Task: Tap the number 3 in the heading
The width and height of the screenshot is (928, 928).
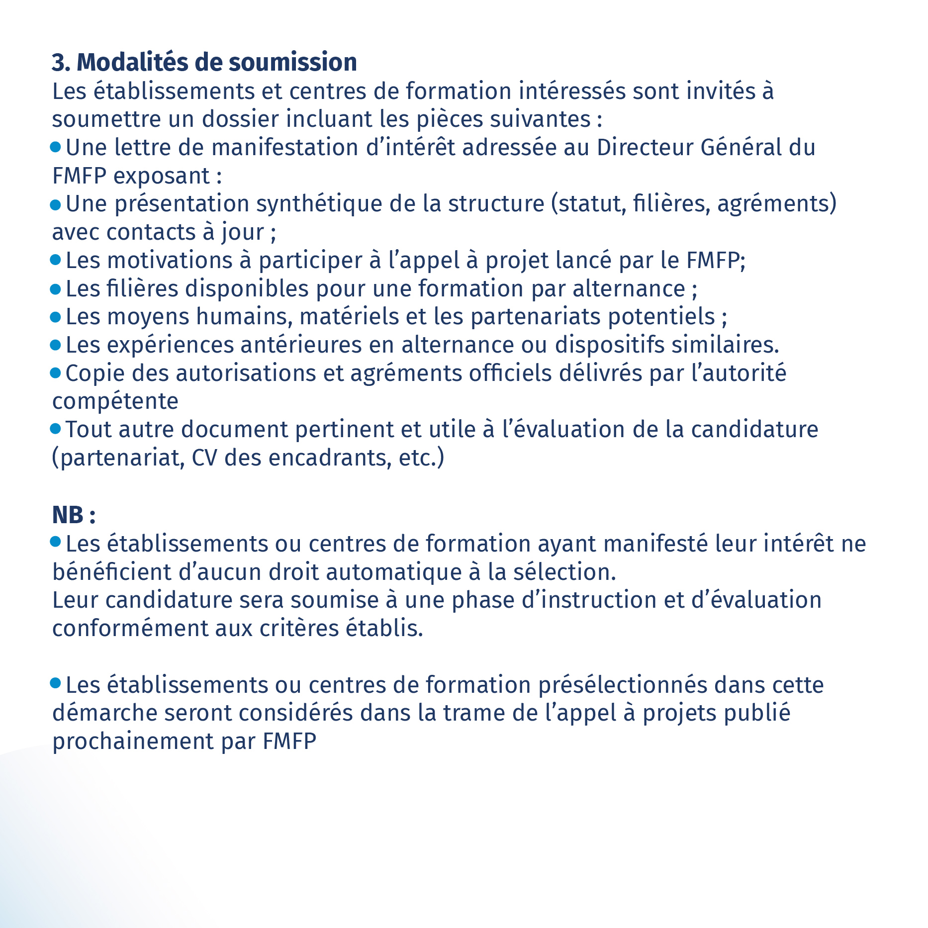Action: (x=58, y=63)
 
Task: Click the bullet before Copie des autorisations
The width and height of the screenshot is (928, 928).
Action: (x=56, y=373)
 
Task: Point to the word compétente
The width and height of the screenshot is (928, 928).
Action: (x=115, y=401)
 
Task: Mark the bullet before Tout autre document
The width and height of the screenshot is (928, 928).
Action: (x=56, y=429)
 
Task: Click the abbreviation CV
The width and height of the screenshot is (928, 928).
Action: (x=204, y=458)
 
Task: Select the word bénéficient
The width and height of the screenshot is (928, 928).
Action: (x=111, y=572)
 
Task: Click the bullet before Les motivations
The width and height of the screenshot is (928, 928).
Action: (x=56, y=260)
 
